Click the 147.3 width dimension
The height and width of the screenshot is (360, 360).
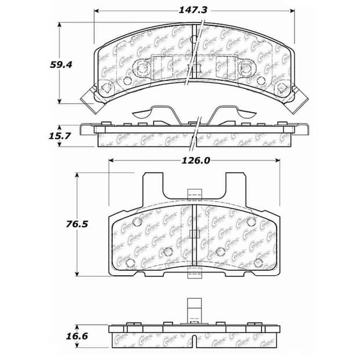coord(193,10)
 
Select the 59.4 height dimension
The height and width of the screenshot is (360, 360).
coord(61,64)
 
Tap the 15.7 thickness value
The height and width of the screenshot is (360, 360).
coord(60,136)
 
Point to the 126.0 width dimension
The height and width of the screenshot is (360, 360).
coord(196,160)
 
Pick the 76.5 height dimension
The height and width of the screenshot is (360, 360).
coord(77,224)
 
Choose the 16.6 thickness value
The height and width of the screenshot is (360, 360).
coord(77,336)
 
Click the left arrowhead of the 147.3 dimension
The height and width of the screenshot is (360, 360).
coord(97,11)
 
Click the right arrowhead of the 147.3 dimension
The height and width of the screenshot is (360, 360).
coord(292,11)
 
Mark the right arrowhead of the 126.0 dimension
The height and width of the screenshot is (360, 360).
coord(277,160)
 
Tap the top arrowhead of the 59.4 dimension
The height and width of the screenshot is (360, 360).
coord(60,25)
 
